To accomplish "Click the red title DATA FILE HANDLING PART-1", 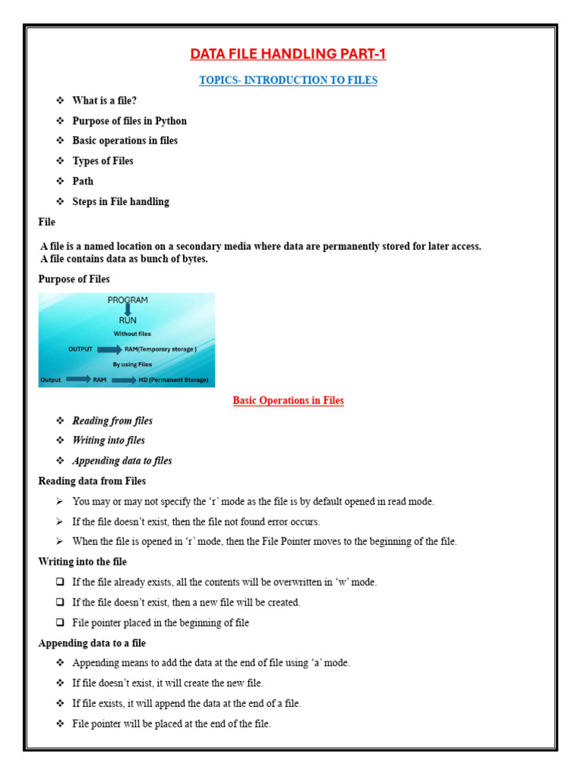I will point(287,54).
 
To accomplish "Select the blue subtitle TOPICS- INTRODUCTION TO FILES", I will point(287,80).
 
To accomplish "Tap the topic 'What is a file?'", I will point(104,101).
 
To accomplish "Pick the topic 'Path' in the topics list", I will point(83,182).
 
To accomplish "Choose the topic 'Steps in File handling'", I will point(120,202).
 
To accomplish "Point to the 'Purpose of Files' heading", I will point(74,279).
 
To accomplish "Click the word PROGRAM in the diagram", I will point(128,300).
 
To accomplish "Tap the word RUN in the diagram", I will point(127,320).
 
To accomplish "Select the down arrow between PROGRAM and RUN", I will point(127,310).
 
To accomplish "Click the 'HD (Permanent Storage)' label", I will point(172,379).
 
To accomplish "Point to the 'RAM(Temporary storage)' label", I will point(160,349).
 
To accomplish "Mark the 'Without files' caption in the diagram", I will point(132,334).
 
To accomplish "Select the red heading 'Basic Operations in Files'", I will point(287,400).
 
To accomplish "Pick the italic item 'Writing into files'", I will point(108,440).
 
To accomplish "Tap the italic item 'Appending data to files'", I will point(122,461).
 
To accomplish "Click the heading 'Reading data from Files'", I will point(92,481).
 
